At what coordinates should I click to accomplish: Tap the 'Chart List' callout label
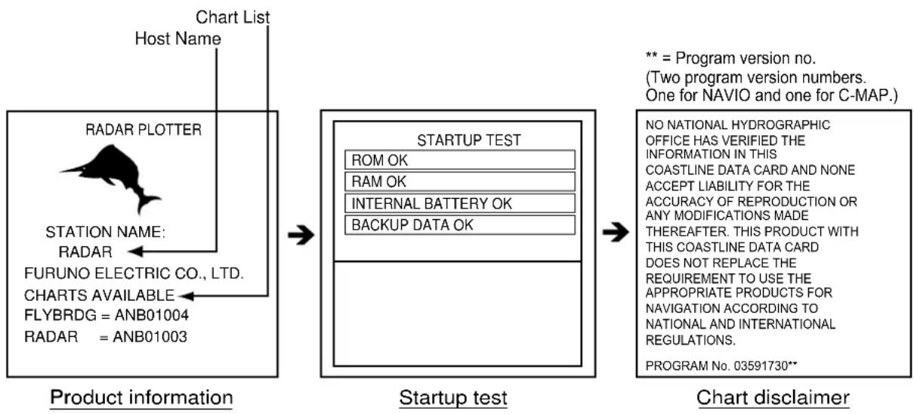pyautogui.click(x=233, y=17)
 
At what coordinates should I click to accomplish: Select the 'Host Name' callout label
pyautogui.click(x=178, y=39)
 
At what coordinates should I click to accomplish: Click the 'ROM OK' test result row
pyautogui.click(x=460, y=160)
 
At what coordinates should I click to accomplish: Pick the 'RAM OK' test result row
pyautogui.click(x=460, y=181)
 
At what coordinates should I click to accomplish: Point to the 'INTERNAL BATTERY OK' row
pyautogui.click(x=460, y=203)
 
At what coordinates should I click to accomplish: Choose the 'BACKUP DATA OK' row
pyautogui.click(x=460, y=225)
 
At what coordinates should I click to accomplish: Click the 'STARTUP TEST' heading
pyautogui.click(x=469, y=140)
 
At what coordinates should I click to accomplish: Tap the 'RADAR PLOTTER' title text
pyautogui.click(x=144, y=129)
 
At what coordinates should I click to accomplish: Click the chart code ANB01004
pyautogui.click(x=152, y=315)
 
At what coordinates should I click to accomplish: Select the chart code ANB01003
pyautogui.click(x=150, y=337)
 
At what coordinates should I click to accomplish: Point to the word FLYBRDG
pyautogui.click(x=60, y=315)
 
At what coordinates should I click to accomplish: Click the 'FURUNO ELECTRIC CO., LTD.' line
pyautogui.click(x=134, y=273)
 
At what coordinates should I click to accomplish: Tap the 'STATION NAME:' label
pyautogui.click(x=105, y=232)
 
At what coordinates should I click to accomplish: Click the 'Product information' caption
pyautogui.click(x=141, y=397)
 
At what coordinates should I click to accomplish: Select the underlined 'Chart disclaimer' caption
pyautogui.click(x=773, y=397)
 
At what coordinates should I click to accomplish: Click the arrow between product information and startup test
pyautogui.click(x=301, y=235)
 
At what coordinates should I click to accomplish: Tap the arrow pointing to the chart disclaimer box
pyautogui.click(x=616, y=233)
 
